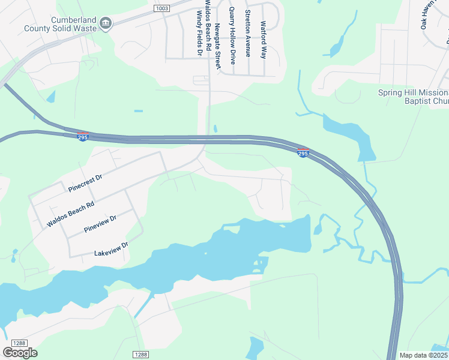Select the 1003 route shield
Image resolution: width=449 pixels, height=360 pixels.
coord(161,8)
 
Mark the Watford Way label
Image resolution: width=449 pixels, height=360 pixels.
coord(263,40)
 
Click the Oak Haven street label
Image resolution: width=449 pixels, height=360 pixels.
coord(427,16)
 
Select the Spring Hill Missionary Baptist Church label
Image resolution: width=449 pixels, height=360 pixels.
coord(414,97)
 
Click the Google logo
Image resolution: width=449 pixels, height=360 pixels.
coord(20,353)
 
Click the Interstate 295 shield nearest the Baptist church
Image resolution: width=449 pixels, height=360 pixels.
coord(303,153)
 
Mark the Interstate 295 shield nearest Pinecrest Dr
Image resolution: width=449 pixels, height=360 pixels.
coord(83,137)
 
